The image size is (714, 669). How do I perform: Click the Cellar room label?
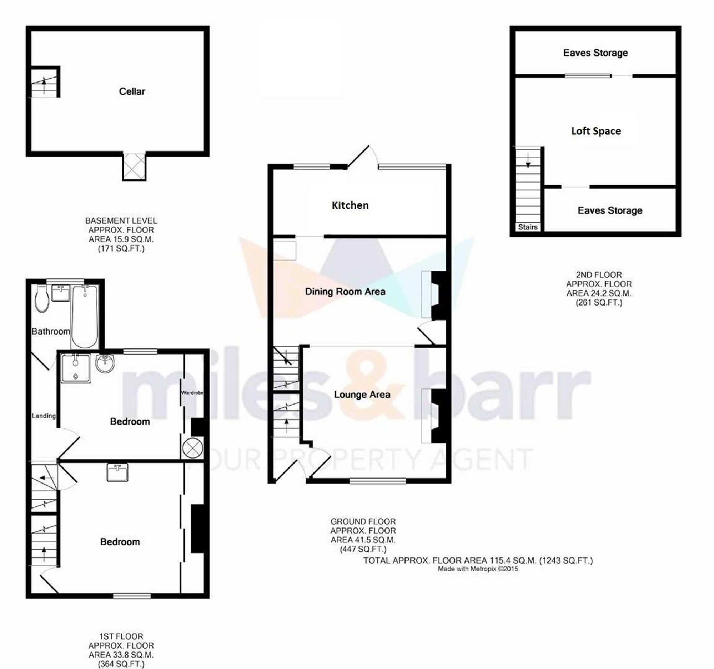coord(132,91)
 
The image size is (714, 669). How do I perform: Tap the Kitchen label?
coord(350,205)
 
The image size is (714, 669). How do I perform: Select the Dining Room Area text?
coord(345,292)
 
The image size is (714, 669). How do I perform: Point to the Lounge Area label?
coord(362,394)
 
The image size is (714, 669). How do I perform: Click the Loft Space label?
coord(596,131)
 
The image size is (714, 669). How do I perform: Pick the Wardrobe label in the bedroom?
coord(192,392)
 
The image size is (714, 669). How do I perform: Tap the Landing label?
coord(44,416)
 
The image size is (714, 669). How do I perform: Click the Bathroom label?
coord(51,331)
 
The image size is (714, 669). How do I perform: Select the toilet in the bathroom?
coord(42,298)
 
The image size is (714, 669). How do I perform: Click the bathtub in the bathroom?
coord(85,316)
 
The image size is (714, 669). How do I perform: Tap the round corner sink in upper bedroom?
coord(105,363)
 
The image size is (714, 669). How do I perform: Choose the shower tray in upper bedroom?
coord(75,368)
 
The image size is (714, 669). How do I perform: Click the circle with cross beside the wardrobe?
coord(192,448)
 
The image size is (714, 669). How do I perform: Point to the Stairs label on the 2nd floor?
coord(528,227)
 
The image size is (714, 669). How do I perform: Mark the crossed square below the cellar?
coord(134,167)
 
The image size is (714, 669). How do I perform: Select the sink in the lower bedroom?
coord(117,472)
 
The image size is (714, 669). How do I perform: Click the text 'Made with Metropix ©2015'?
coord(478,569)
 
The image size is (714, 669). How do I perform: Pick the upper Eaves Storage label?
coord(595,53)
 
